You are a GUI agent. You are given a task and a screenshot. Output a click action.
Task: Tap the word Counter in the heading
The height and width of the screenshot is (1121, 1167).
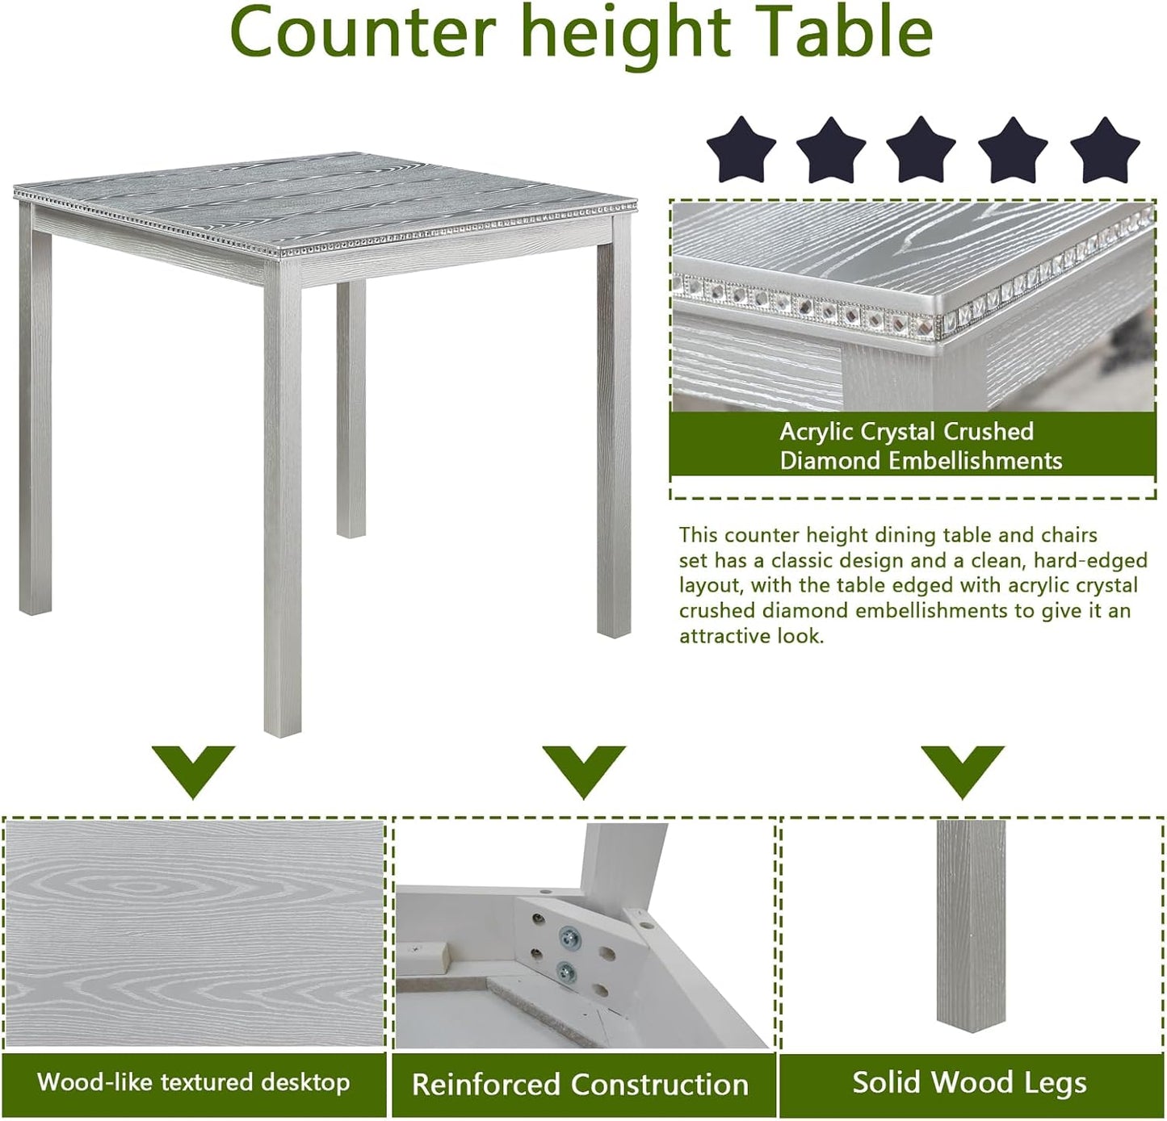click(x=362, y=32)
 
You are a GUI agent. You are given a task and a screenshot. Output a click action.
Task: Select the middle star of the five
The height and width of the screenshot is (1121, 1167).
click(x=921, y=150)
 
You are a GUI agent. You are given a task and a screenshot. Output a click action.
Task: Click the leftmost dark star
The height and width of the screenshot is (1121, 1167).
click(x=741, y=150)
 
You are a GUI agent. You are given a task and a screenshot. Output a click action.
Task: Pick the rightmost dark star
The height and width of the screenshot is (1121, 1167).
click(x=1104, y=150)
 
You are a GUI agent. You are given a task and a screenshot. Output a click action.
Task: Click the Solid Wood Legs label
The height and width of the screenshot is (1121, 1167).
click(x=969, y=1083)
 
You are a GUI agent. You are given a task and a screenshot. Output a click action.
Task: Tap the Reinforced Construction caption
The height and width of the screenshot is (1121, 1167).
click(x=580, y=1085)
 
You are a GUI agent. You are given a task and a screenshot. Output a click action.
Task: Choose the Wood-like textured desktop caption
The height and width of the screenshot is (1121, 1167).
click(x=194, y=1082)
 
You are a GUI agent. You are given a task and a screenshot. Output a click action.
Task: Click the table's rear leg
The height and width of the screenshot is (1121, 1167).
click(x=351, y=408)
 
